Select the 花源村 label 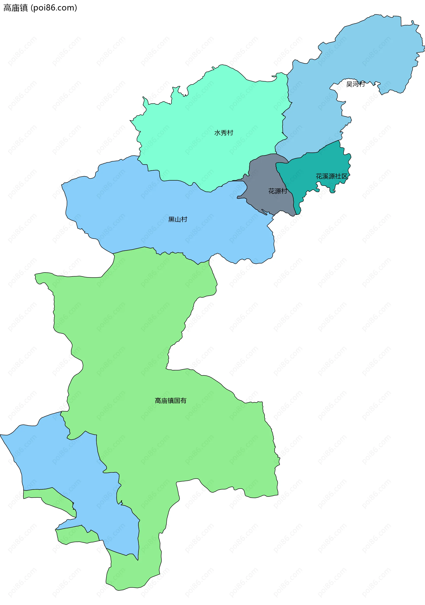pyautogui.click(x=277, y=191)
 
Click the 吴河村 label pyautogui.click(x=355, y=84)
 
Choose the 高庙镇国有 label pyautogui.click(x=170, y=401)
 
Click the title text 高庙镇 pyautogui.click(x=15, y=8)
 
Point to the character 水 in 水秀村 pyautogui.click(x=217, y=133)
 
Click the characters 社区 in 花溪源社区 pyautogui.click(x=341, y=176)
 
